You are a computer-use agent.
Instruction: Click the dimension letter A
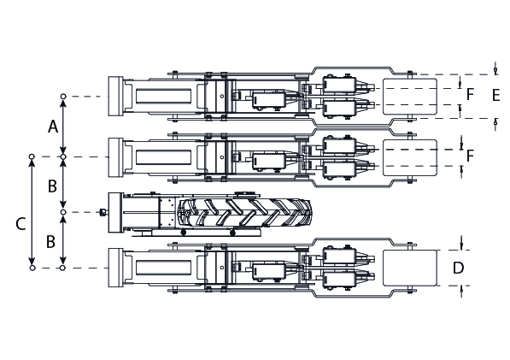(x=53, y=127)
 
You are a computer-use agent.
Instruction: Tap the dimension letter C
(x=21, y=224)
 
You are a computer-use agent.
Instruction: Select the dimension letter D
(x=458, y=268)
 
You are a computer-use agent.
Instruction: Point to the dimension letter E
(x=495, y=95)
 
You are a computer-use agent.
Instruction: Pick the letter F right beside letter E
(x=470, y=94)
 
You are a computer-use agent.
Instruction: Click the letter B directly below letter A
(x=52, y=186)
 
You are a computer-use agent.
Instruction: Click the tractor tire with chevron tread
(x=244, y=213)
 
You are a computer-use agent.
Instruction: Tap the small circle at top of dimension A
(x=63, y=97)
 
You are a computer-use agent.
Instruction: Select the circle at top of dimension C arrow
(x=32, y=156)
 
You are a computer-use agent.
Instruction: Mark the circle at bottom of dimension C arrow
(x=32, y=268)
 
